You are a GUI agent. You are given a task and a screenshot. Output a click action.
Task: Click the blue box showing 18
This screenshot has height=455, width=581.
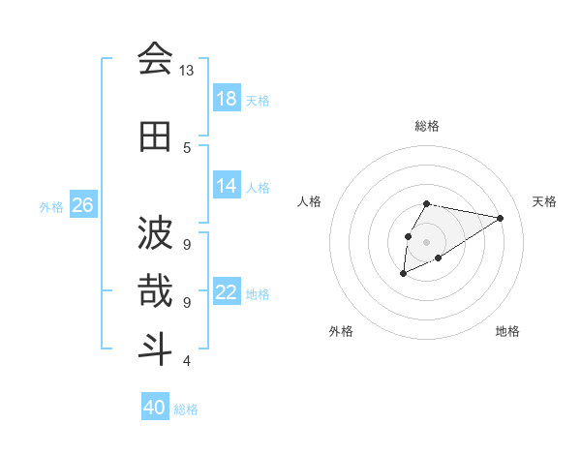227,99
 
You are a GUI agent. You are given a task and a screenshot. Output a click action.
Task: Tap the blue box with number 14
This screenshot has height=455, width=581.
227,186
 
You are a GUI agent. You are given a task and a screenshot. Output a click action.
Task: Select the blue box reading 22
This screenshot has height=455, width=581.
227,292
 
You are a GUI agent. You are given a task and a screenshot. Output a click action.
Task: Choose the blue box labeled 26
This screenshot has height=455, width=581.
82,205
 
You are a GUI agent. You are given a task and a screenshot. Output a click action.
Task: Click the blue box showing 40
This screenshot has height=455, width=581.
155,408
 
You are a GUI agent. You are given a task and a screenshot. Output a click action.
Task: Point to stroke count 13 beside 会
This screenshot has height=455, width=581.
186,71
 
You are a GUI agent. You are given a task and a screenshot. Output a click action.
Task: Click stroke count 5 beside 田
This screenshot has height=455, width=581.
186,147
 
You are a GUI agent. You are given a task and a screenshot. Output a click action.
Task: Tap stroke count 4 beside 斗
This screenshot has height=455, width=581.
186,361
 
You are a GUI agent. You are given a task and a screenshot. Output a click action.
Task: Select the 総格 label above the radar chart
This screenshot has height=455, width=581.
426,126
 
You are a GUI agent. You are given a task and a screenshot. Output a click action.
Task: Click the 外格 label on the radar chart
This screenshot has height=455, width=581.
341,331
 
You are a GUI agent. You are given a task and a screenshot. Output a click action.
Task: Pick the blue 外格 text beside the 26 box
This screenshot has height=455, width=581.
51,206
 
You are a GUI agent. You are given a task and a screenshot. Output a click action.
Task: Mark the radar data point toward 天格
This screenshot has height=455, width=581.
500,218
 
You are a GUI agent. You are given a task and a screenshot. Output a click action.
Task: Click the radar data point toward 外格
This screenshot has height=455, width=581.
404,274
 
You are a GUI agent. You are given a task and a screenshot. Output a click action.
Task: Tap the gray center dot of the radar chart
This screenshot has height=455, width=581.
426,241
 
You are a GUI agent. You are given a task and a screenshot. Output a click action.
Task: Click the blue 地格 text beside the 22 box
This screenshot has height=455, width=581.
258,293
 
